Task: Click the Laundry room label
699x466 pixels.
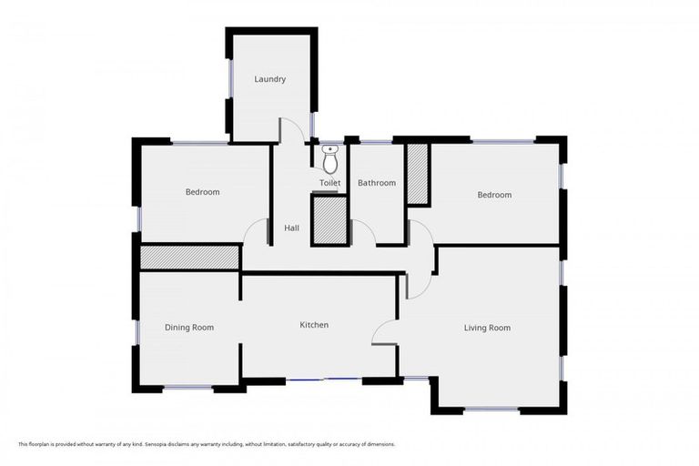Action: click(x=269, y=79)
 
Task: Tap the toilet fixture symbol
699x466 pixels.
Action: click(x=329, y=159)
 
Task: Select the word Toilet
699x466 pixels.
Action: click(x=329, y=183)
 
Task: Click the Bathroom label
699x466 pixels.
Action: click(x=377, y=183)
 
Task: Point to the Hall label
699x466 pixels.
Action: click(x=291, y=228)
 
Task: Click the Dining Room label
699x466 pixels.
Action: click(x=189, y=327)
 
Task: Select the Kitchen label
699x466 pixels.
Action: click(x=314, y=325)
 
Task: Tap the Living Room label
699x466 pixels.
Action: click(x=487, y=328)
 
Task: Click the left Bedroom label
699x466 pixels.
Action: click(x=202, y=192)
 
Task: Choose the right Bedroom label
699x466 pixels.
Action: click(x=494, y=195)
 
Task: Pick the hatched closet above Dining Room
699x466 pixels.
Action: click(x=189, y=257)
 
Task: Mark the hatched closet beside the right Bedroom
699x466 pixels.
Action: click(x=418, y=173)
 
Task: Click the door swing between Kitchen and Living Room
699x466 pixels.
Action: click(x=384, y=329)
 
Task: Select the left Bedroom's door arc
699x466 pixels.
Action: click(x=256, y=233)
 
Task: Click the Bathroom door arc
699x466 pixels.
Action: click(x=364, y=231)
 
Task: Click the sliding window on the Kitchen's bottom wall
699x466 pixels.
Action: click(x=324, y=380)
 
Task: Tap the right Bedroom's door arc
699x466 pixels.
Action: click(x=420, y=233)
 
